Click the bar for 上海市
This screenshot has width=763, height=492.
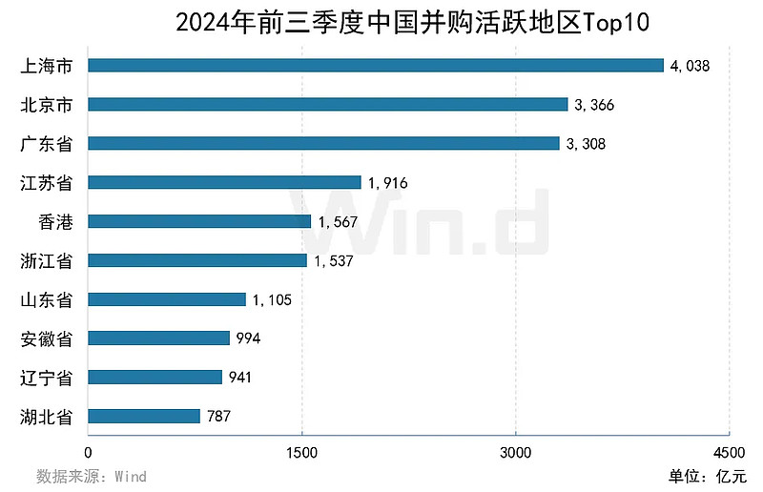tap(376, 65)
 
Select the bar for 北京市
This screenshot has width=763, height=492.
tap(328, 104)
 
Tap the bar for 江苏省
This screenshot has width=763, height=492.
tap(225, 182)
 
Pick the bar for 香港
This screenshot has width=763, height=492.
tap(200, 221)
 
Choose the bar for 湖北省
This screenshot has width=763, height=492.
tap(144, 416)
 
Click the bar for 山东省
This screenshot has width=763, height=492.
tap(167, 299)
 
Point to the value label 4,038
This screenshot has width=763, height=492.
tap(691, 66)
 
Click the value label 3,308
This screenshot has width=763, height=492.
tap(586, 144)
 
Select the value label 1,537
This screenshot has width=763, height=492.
tap(334, 260)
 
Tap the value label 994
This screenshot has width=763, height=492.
tap(248, 338)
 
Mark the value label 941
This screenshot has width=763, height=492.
tap(240, 378)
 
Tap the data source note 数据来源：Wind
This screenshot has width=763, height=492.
tap(92, 475)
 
